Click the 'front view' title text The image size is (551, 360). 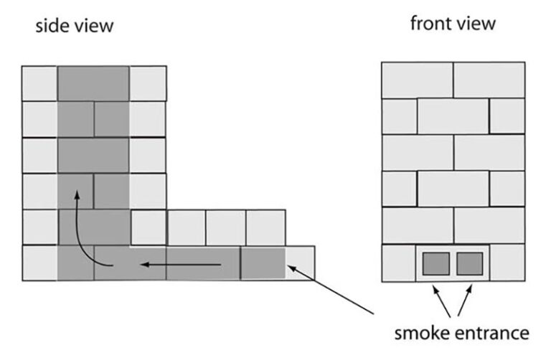click(452, 23)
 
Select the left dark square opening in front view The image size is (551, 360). click(434, 263)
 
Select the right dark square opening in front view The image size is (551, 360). click(469, 263)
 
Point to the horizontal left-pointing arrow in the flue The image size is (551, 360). click(179, 266)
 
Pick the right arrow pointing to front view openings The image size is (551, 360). click(464, 300)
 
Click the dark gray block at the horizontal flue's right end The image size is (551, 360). click(262, 262)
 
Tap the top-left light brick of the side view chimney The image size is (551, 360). click(39, 83)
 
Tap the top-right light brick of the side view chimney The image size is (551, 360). click(148, 83)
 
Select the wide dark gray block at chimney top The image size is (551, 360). click(93, 83)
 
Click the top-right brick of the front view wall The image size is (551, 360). click(489, 80)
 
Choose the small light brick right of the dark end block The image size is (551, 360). click(300, 262)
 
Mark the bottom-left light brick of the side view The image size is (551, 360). click(39, 262)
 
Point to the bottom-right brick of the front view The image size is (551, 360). click(507, 262)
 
